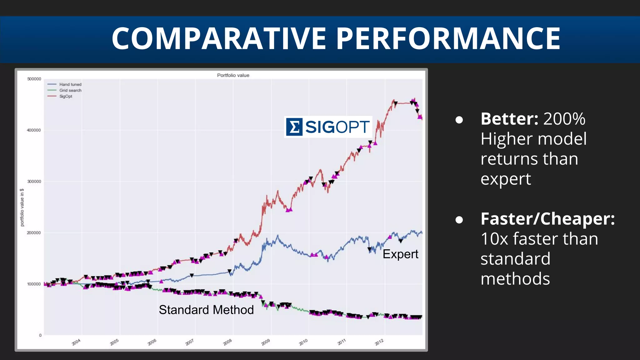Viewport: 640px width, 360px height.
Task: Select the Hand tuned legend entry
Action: [70, 84]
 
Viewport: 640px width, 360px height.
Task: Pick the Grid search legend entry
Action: [70, 90]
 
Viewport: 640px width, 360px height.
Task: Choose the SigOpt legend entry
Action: [66, 96]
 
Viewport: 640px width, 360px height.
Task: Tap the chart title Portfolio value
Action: [233, 75]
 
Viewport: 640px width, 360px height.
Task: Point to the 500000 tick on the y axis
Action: [34, 79]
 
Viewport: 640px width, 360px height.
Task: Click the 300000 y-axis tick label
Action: [34, 182]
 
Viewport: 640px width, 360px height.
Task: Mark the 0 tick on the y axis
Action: [40, 335]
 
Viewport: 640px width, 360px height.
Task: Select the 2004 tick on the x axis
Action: [76, 342]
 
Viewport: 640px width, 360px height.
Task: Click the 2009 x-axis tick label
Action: [266, 342]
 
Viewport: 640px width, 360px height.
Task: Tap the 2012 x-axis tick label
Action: [379, 342]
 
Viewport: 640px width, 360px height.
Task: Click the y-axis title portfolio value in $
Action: [22, 207]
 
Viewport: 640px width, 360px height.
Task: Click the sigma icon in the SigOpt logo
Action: [294, 127]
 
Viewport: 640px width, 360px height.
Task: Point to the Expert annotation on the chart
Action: [400, 254]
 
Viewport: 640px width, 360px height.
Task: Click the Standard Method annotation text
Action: [206, 310]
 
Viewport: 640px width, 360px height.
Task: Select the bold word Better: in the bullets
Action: [509, 119]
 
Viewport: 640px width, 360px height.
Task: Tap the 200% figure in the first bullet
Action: [564, 119]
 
